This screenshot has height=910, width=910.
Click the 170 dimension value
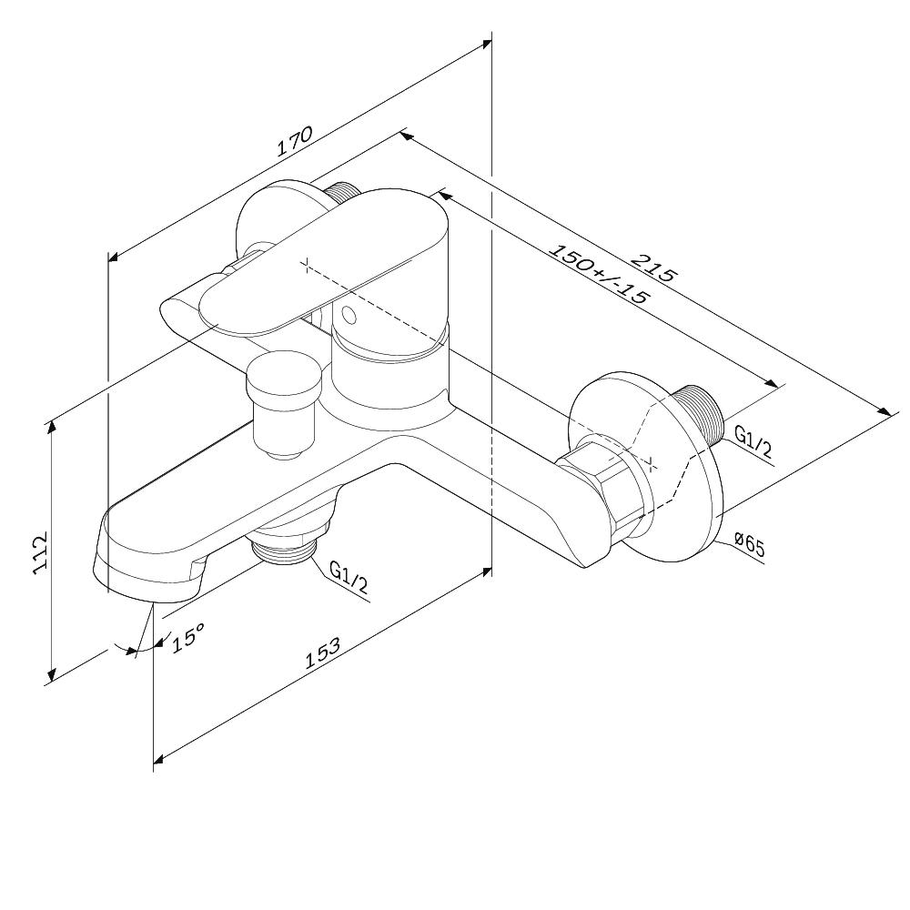294,141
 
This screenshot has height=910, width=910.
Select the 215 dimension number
654,267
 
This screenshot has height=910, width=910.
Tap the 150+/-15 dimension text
598,274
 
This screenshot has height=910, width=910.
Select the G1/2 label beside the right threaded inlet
753,440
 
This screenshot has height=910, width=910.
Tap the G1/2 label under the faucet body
349,576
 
